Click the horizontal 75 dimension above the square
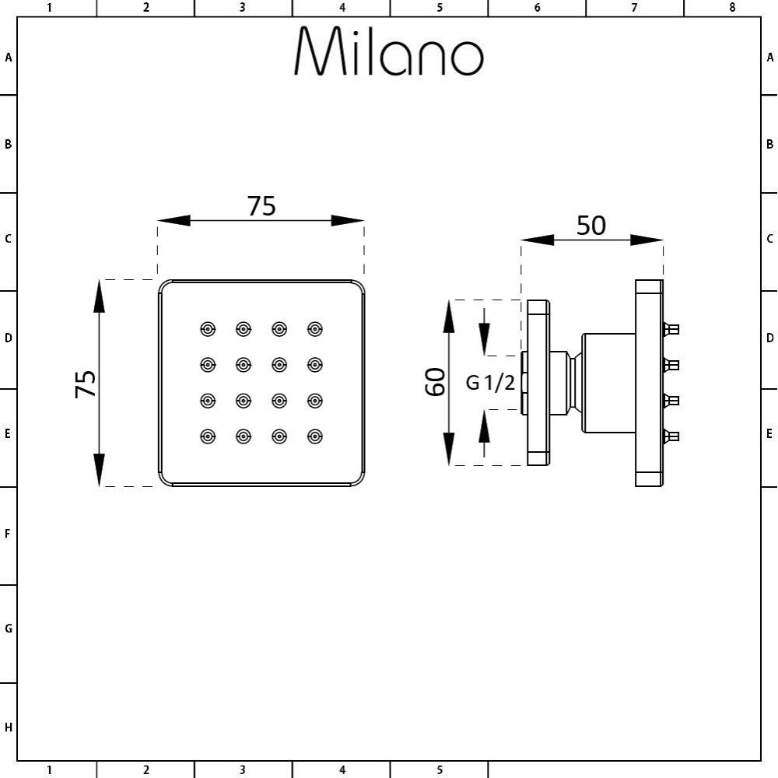(x=261, y=206)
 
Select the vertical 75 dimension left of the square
(x=86, y=384)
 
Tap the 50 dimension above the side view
(x=591, y=225)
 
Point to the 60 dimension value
(x=436, y=382)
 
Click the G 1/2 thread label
(x=490, y=383)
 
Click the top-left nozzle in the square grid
(x=208, y=329)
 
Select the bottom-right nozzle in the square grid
(x=314, y=436)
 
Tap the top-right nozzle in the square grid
(x=314, y=329)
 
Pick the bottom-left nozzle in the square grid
(x=208, y=436)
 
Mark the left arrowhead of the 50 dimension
(x=537, y=240)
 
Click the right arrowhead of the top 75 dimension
(x=348, y=221)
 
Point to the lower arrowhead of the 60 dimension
(x=449, y=450)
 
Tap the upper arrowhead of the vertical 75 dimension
(x=99, y=296)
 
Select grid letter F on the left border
(x=8, y=534)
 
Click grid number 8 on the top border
(x=732, y=7)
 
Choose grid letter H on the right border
(x=770, y=728)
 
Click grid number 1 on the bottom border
(x=49, y=770)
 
